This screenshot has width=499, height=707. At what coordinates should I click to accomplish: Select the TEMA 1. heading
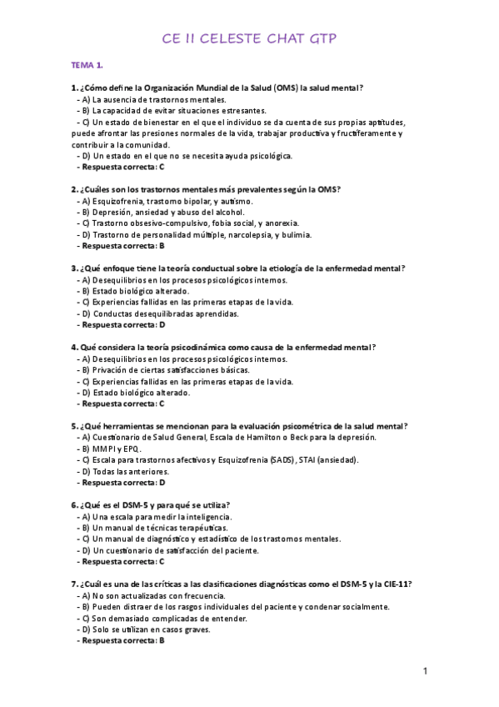click(x=87, y=64)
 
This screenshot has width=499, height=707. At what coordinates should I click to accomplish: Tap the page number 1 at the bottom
click(x=425, y=671)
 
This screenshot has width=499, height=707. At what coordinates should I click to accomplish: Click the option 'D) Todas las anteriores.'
click(x=122, y=471)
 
